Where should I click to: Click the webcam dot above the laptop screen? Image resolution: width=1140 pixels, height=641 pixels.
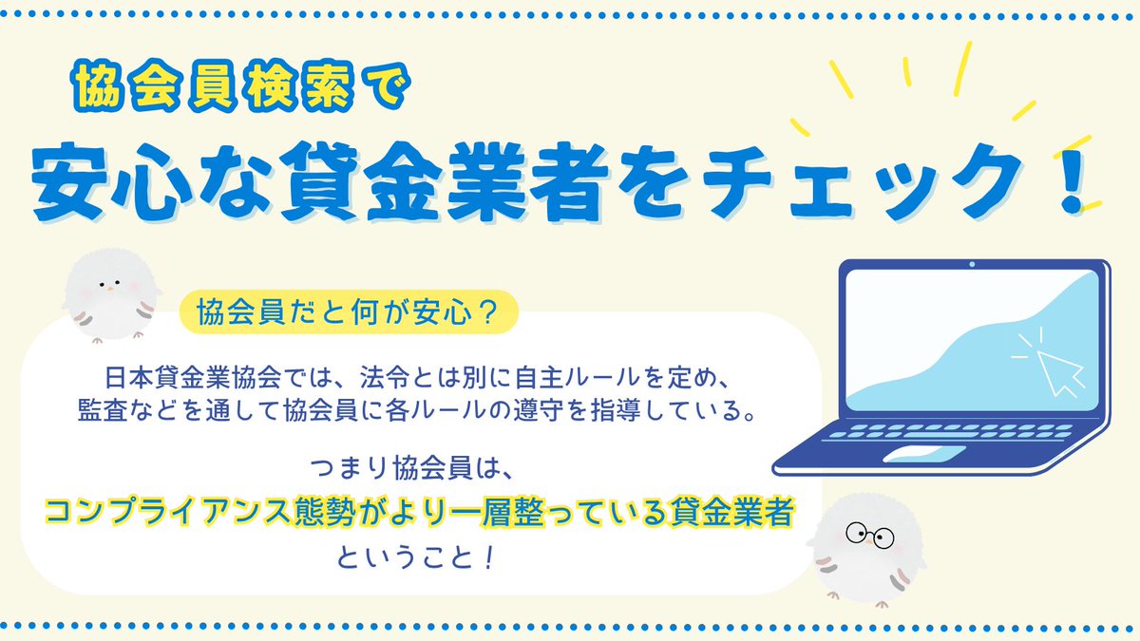tap(972, 265)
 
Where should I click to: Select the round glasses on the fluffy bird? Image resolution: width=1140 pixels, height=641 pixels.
tap(868, 535)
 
